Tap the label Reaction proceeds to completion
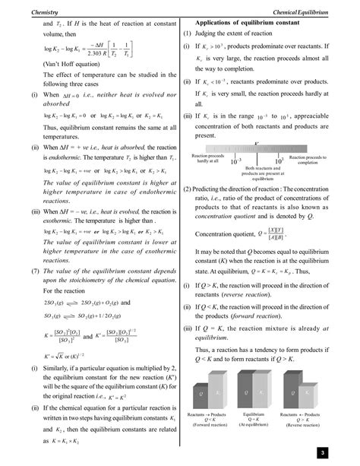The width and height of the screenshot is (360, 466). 308,160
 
